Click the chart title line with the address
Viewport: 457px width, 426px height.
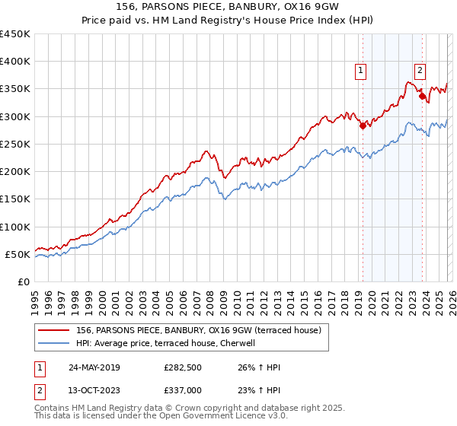point(228,7)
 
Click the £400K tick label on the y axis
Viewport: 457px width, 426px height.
point(14,62)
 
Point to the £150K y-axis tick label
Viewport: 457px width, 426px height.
point(14,199)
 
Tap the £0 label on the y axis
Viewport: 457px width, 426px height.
point(23,281)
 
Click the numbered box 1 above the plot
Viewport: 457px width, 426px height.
point(360,71)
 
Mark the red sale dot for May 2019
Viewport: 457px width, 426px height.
point(363,126)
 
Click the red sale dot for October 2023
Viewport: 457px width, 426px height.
point(422,97)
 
